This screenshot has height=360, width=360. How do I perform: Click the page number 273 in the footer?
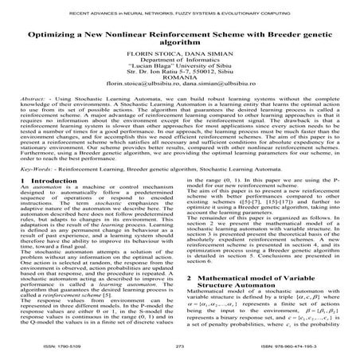point(179,348)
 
